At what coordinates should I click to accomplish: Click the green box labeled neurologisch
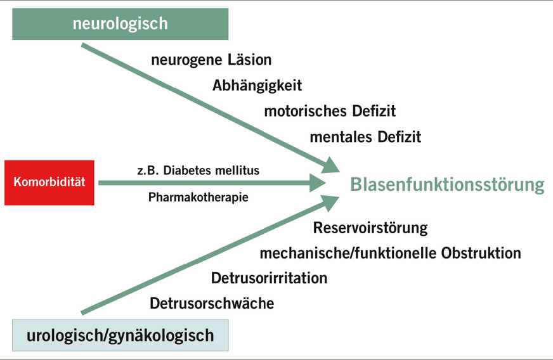[x=120, y=24]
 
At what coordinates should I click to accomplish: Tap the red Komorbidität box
[x=49, y=183]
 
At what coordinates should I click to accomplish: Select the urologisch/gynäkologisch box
[x=120, y=335]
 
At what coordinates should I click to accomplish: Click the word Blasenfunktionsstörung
[x=447, y=184]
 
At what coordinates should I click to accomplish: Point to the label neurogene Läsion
[x=211, y=60]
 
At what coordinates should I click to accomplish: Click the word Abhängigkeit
[x=257, y=86]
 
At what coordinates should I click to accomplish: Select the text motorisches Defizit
[x=330, y=111]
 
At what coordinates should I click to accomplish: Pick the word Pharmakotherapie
[x=198, y=197]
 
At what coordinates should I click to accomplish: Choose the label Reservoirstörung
[x=370, y=228]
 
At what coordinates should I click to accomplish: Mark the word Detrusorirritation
[x=270, y=278]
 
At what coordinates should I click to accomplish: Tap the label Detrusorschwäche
[x=212, y=304]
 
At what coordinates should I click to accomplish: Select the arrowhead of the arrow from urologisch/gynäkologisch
[x=332, y=201]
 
